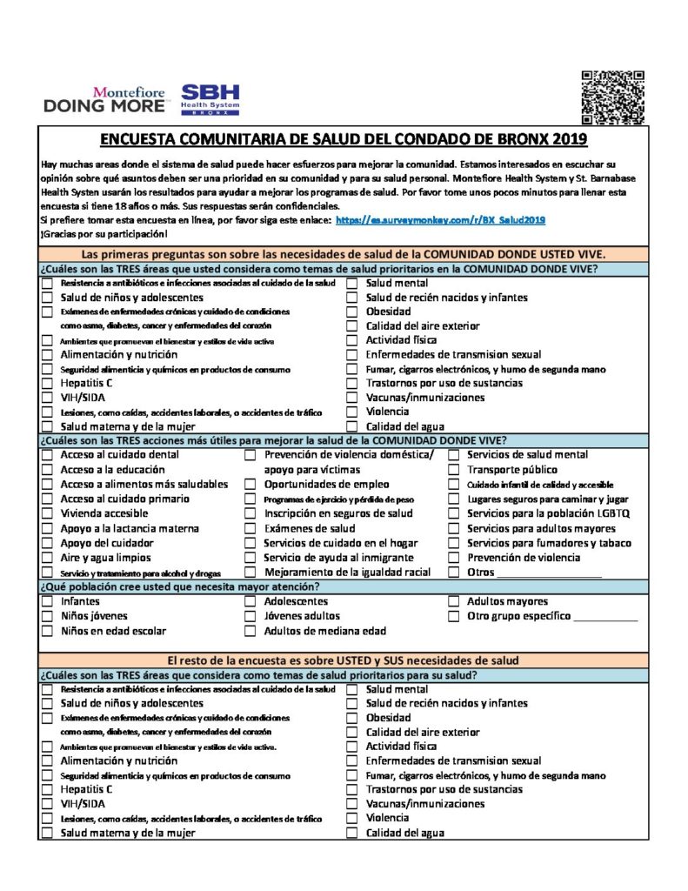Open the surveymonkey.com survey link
(440, 221)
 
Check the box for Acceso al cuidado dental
(47, 455)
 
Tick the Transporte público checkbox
(453, 470)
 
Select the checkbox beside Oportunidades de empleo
(250, 485)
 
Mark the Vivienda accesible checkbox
(47, 514)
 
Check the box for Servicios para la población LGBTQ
(453, 514)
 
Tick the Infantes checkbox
(47, 602)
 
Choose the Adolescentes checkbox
(250, 602)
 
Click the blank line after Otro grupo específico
(606, 618)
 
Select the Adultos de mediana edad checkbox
(250, 632)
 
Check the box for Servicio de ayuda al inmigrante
(250, 559)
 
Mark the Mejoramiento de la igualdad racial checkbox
(250, 573)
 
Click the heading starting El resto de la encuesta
(344, 660)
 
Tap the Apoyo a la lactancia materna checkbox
(47, 529)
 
